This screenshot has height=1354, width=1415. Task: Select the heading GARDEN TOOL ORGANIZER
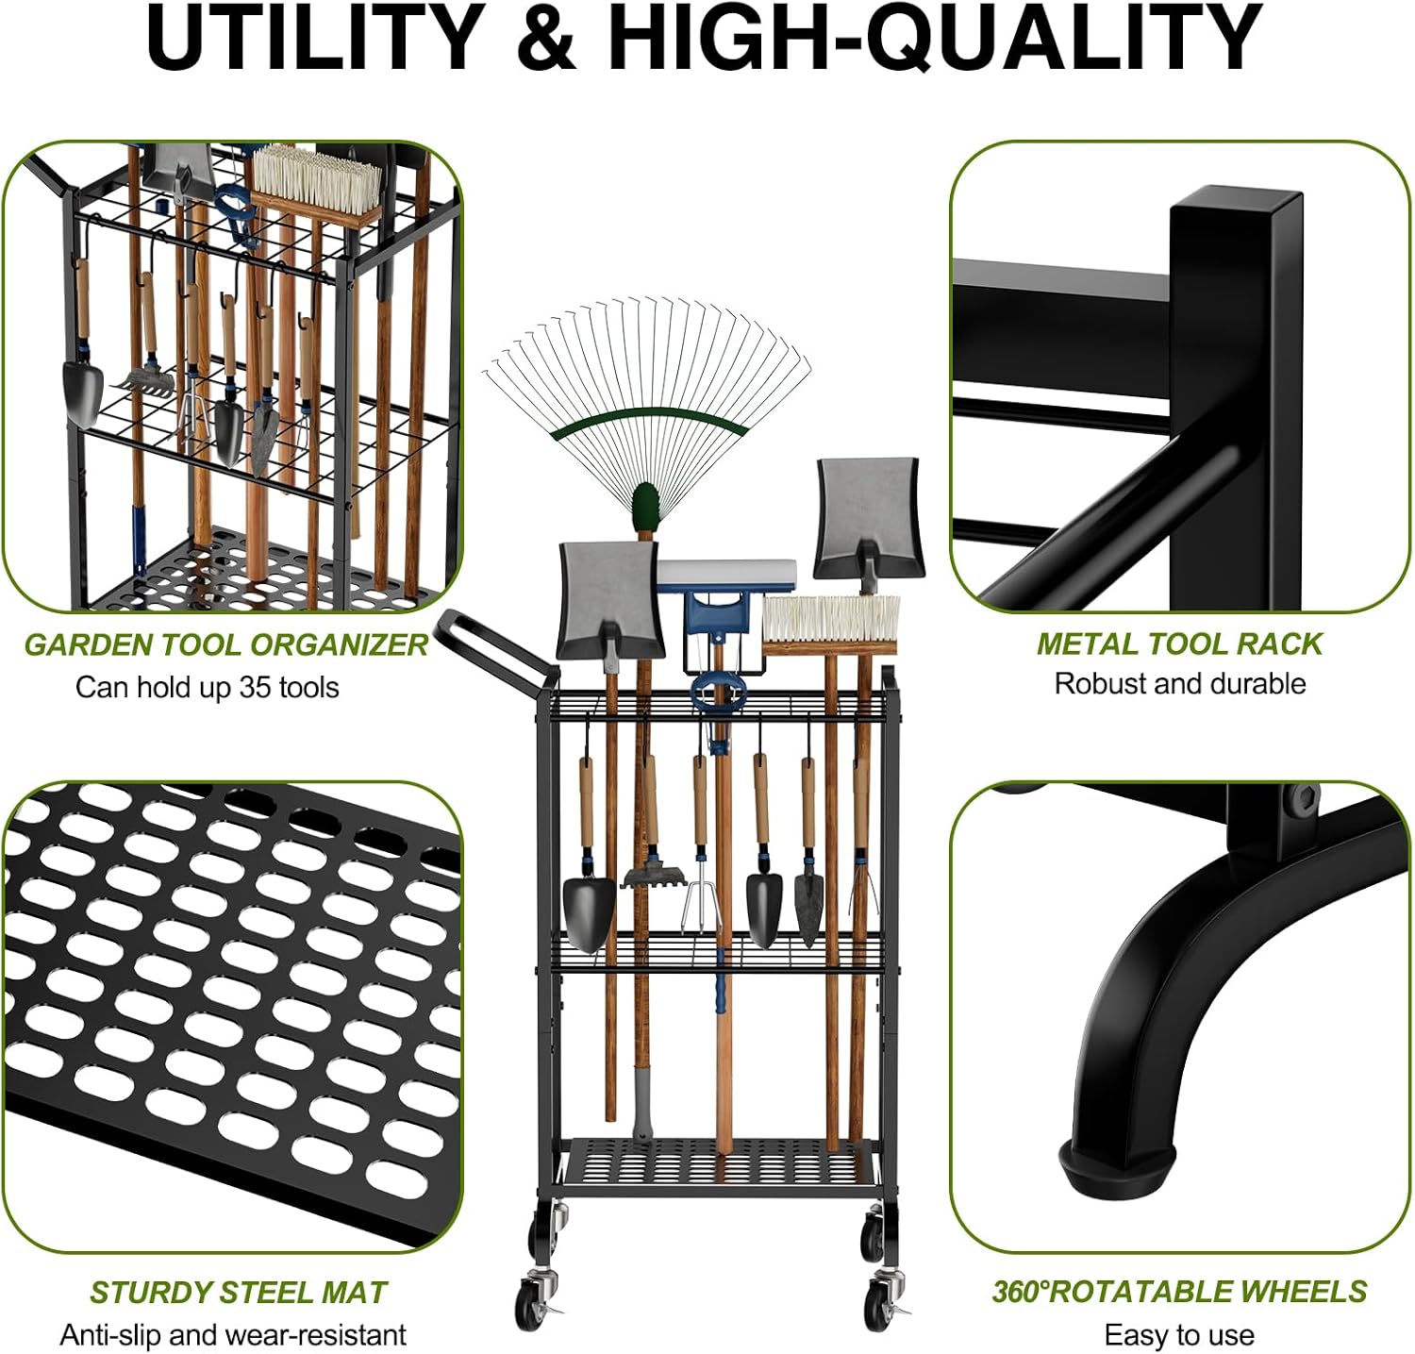226,645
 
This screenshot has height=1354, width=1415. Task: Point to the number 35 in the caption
254,687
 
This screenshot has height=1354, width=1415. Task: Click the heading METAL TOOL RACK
1179,644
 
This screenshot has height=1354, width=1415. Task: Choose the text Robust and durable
1179,684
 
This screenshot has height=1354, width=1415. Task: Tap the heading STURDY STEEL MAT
239,1293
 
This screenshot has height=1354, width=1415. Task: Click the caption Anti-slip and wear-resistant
233,1335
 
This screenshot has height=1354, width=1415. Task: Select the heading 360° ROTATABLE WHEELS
1179,1292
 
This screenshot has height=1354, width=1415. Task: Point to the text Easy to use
1179,1336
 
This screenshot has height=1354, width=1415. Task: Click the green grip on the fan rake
645,506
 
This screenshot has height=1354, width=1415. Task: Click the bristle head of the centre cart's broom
830,620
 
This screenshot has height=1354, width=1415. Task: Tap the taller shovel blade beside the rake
868,519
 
